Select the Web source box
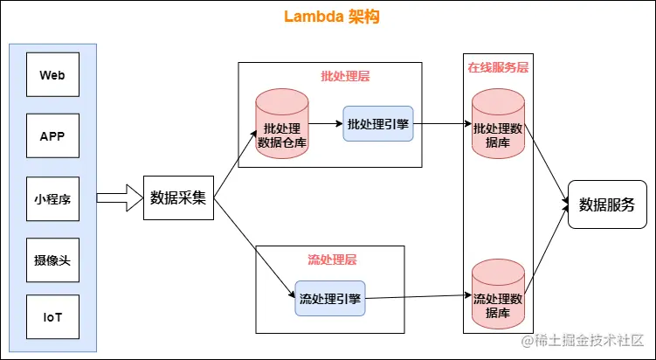point(52,75)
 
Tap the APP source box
point(52,136)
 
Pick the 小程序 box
point(52,198)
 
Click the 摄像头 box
point(52,260)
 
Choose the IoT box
point(52,321)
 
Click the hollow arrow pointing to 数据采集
point(119,197)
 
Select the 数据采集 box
point(178,197)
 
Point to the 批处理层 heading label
point(345,76)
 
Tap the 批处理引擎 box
point(377,124)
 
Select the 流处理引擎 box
point(329,300)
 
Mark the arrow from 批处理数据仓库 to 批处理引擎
point(325,124)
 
